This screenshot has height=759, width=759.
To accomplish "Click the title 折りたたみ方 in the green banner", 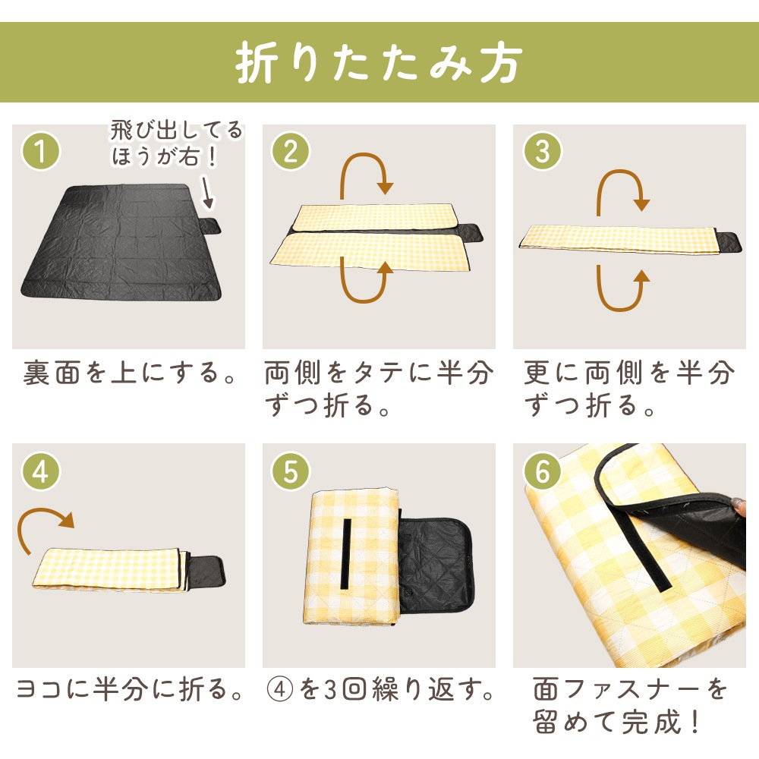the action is (x=379, y=62).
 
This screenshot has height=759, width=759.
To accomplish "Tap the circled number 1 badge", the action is (x=41, y=151).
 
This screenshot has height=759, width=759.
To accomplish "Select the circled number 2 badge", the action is (x=291, y=151).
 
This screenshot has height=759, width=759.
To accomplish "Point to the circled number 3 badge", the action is (x=542, y=151).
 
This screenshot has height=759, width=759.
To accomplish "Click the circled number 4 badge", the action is (x=41, y=471).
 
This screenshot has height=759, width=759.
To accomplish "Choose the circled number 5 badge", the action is (x=291, y=471).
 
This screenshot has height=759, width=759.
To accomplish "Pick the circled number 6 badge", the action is (x=542, y=471).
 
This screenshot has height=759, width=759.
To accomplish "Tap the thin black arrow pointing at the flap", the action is (x=206, y=193).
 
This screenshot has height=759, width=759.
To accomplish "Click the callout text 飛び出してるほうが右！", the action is (x=176, y=143).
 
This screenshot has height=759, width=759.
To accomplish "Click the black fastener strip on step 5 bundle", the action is (x=346, y=554).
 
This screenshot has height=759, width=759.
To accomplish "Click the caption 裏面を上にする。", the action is (x=130, y=373).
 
